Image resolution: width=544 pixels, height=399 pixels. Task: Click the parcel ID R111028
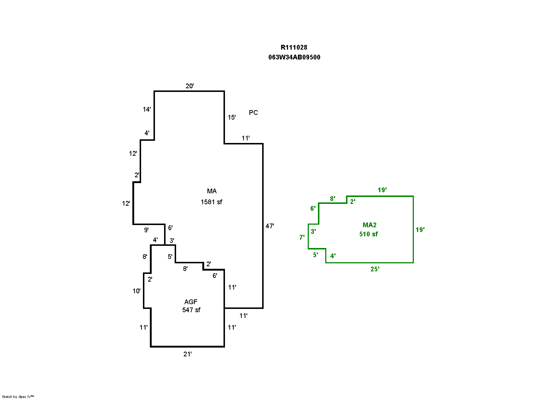294,47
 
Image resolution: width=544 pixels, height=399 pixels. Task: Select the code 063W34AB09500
294,57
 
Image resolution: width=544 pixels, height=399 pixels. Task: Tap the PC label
253,113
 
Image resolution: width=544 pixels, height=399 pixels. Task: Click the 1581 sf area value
211,202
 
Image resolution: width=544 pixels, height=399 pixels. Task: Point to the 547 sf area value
191,310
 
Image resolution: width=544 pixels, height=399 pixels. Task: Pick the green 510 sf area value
369,234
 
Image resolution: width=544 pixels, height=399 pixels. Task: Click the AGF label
191,302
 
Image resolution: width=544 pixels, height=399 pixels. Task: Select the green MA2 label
369,225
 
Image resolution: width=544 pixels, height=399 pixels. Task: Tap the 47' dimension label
270,226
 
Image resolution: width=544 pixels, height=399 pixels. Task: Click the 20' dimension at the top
190,86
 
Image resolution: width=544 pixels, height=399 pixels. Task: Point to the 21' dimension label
187,354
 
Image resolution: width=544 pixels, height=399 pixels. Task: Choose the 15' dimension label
232,117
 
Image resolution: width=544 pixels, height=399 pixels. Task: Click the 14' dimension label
147,109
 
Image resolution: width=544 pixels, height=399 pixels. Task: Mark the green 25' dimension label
375,269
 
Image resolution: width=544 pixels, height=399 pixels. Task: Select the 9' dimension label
146,230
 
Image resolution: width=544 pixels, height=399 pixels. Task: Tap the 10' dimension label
137,291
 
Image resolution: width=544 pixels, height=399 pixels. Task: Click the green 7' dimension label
302,237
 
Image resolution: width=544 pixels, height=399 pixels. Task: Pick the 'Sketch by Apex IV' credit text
18,396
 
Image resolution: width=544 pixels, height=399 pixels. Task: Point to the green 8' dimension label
333,199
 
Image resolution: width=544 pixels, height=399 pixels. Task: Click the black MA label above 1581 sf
211,191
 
